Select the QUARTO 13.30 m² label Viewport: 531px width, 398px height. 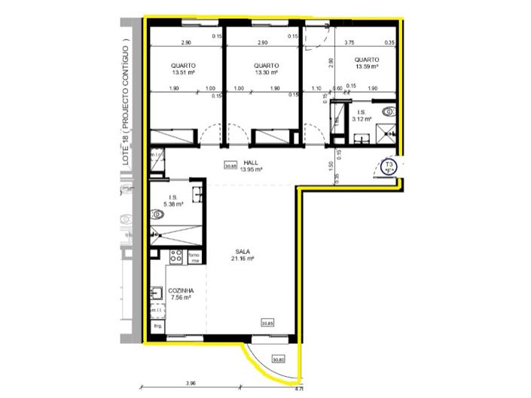[266, 69]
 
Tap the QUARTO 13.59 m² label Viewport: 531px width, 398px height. [366, 63]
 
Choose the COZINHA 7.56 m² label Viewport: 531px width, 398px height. [181, 295]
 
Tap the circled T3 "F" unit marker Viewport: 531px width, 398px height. [389, 167]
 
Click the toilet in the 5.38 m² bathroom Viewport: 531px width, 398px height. [158, 214]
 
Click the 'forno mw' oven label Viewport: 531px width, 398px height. [194, 256]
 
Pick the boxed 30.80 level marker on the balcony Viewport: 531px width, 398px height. [279, 360]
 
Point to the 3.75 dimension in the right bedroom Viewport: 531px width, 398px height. [349, 43]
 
